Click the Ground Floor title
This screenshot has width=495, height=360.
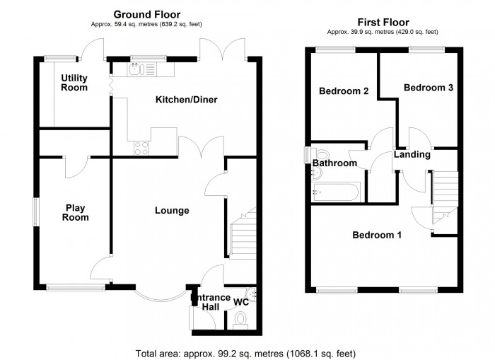pyautogui.click(x=146, y=14)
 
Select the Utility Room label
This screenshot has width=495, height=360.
pyautogui.click(x=74, y=83)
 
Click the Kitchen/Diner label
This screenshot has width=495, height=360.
pyautogui.click(x=186, y=100)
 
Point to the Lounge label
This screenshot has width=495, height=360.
pyautogui.click(x=172, y=210)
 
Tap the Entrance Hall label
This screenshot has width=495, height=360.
pyautogui.click(x=210, y=303)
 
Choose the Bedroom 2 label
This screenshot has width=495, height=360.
pyautogui.click(x=344, y=91)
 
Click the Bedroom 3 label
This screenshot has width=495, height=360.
pyautogui.click(x=428, y=88)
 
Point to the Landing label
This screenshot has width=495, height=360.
pyautogui.click(x=412, y=154)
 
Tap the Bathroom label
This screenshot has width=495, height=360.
pyautogui.click(x=334, y=163)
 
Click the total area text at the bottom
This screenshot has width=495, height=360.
pyautogui.click(x=245, y=352)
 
